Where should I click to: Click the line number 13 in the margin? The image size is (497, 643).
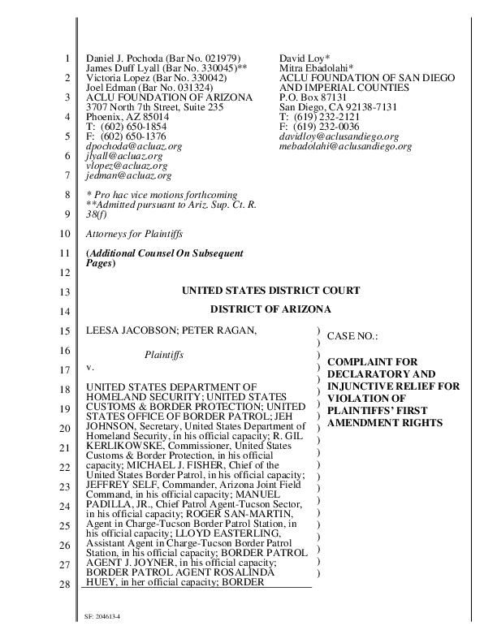[x=67, y=291]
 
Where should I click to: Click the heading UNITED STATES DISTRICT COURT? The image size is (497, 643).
[x=270, y=291]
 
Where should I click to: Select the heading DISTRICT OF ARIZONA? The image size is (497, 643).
[x=270, y=309]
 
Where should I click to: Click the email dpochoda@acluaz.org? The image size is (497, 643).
[x=134, y=146]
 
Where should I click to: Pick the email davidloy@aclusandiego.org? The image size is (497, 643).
[x=339, y=136]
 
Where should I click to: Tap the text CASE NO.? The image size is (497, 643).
[x=352, y=336]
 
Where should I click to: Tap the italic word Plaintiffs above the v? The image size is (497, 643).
[x=164, y=355]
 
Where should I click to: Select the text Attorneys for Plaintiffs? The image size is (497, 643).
[x=134, y=234]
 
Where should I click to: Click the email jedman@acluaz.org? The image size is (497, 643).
[x=128, y=175]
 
